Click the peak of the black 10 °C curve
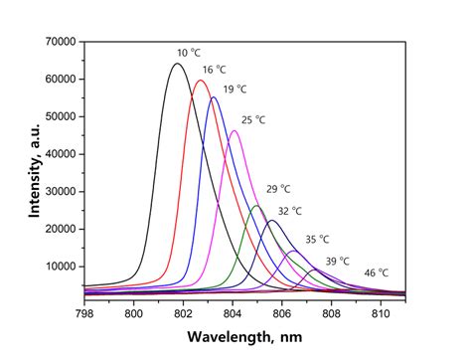pos(177,64)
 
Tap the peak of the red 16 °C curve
pos(202,81)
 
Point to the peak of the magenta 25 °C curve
pos(235,130)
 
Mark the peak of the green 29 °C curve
pos(256,206)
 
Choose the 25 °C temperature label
pos(253,119)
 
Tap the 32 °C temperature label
pos(289,211)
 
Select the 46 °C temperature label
pos(376,272)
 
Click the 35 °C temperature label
pos(317,240)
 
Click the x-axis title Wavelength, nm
pos(243,339)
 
